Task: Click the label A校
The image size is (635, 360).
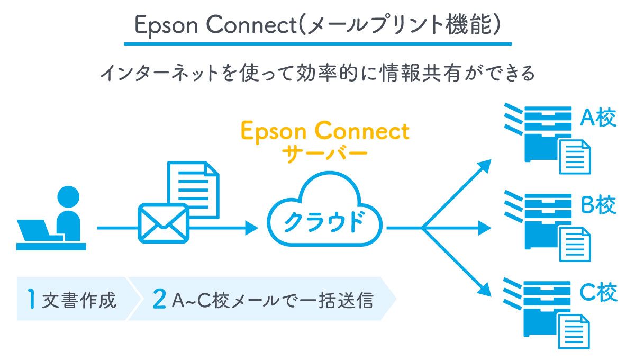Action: pos(598,119)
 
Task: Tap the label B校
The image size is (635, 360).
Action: pos(599,205)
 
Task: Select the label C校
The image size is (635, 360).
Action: pos(598,292)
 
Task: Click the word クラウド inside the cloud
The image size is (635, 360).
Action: pos(324,222)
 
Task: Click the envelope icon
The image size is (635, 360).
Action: pos(163,223)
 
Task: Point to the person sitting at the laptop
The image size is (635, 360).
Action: pos(68,214)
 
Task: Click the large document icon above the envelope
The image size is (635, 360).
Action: pos(193,188)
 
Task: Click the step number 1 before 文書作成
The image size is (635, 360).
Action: pos(32,299)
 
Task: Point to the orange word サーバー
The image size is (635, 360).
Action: pos(324,154)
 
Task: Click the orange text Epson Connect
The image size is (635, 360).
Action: pos(325,131)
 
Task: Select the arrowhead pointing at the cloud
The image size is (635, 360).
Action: pos(251,228)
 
